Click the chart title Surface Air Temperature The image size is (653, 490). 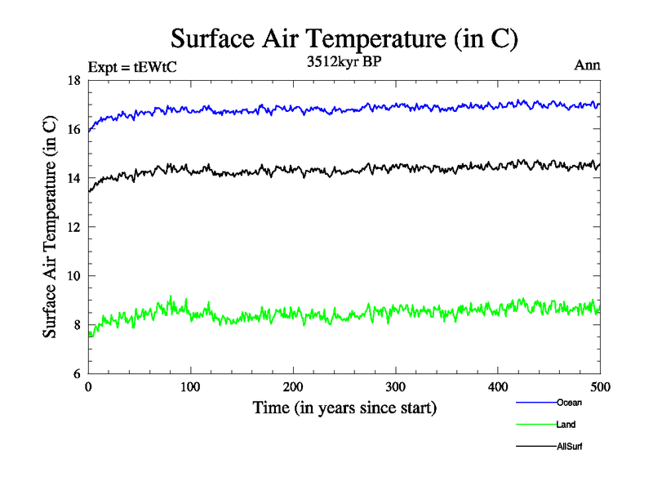(x=344, y=38)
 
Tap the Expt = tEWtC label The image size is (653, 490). (x=131, y=68)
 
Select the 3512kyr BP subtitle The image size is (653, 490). (x=344, y=63)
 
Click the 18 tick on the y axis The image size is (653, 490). (x=73, y=80)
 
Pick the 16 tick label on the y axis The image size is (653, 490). (x=73, y=129)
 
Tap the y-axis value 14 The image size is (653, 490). (x=73, y=178)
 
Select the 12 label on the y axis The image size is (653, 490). (x=73, y=227)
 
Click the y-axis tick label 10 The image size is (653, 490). (x=73, y=276)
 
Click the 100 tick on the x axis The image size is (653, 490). (x=190, y=386)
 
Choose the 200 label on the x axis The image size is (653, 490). (x=293, y=386)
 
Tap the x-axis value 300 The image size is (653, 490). (x=395, y=386)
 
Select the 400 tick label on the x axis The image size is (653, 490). (x=498, y=386)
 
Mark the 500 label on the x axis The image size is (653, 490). (x=600, y=386)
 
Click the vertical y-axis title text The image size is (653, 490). (x=50, y=227)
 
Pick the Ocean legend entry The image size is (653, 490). (x=569, y=403)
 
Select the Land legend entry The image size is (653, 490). (x=566, y=425)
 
